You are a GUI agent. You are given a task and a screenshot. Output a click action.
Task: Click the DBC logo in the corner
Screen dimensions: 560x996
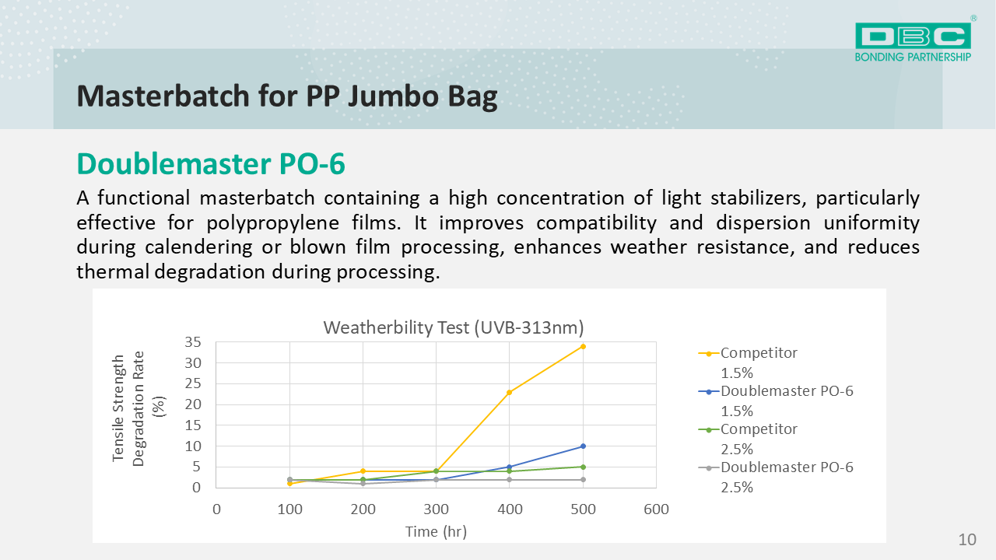[x=913, y=40]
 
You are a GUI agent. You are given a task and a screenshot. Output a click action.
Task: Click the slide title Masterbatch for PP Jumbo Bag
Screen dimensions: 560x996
[x=286, y=96]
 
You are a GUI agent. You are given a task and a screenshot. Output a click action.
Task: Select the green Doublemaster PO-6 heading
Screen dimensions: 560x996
[x=211, y=164]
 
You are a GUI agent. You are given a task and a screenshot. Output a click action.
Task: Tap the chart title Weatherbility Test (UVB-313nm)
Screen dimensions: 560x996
[x=453, y=327]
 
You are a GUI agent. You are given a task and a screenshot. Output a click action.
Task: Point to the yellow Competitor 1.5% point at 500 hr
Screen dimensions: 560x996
[x=583, y=346]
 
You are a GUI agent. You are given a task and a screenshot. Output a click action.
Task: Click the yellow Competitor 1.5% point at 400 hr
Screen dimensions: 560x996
[x=510, y=392]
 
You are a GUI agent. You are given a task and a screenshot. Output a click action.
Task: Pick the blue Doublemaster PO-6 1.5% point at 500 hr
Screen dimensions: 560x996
[x=583, y=446]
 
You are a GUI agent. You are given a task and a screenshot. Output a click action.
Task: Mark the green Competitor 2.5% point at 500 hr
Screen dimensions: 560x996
[x=583, y=467]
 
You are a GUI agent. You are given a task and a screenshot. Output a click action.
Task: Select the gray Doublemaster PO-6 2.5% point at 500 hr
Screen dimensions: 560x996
[x=583, y=480]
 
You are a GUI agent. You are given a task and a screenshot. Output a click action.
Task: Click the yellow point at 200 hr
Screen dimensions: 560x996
[x=363, y=471]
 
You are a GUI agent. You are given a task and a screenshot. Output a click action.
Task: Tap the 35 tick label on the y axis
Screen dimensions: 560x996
[x=193, y=342]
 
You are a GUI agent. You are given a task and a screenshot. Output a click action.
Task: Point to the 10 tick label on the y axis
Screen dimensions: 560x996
[x=193, y=446]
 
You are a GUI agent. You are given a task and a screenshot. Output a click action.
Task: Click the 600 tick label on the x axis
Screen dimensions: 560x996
[x=656, y=509]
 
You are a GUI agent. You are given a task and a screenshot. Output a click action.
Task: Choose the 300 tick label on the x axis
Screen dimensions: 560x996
[x=436, y=509]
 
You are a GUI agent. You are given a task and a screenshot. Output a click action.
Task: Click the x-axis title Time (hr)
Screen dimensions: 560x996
[x=436, y=531]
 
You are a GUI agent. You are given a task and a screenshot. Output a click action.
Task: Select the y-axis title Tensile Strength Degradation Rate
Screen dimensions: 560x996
[x=128, y=410]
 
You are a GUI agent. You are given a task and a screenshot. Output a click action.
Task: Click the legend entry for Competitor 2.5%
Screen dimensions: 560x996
[x=758, y=438]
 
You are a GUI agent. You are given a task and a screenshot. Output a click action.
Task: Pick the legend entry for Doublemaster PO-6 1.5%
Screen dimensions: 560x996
[x=786, y=400]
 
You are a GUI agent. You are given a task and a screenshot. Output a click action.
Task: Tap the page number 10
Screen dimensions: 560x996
[x=967, y=540]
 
